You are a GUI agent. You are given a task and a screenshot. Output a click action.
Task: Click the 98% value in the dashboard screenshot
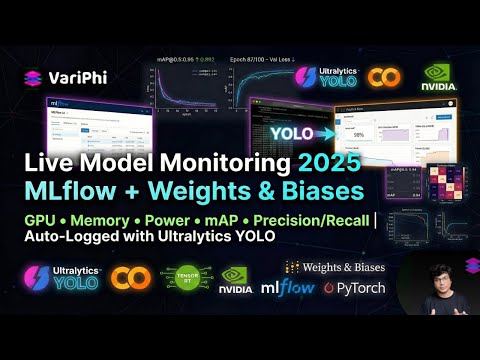(x=357, y=134)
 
